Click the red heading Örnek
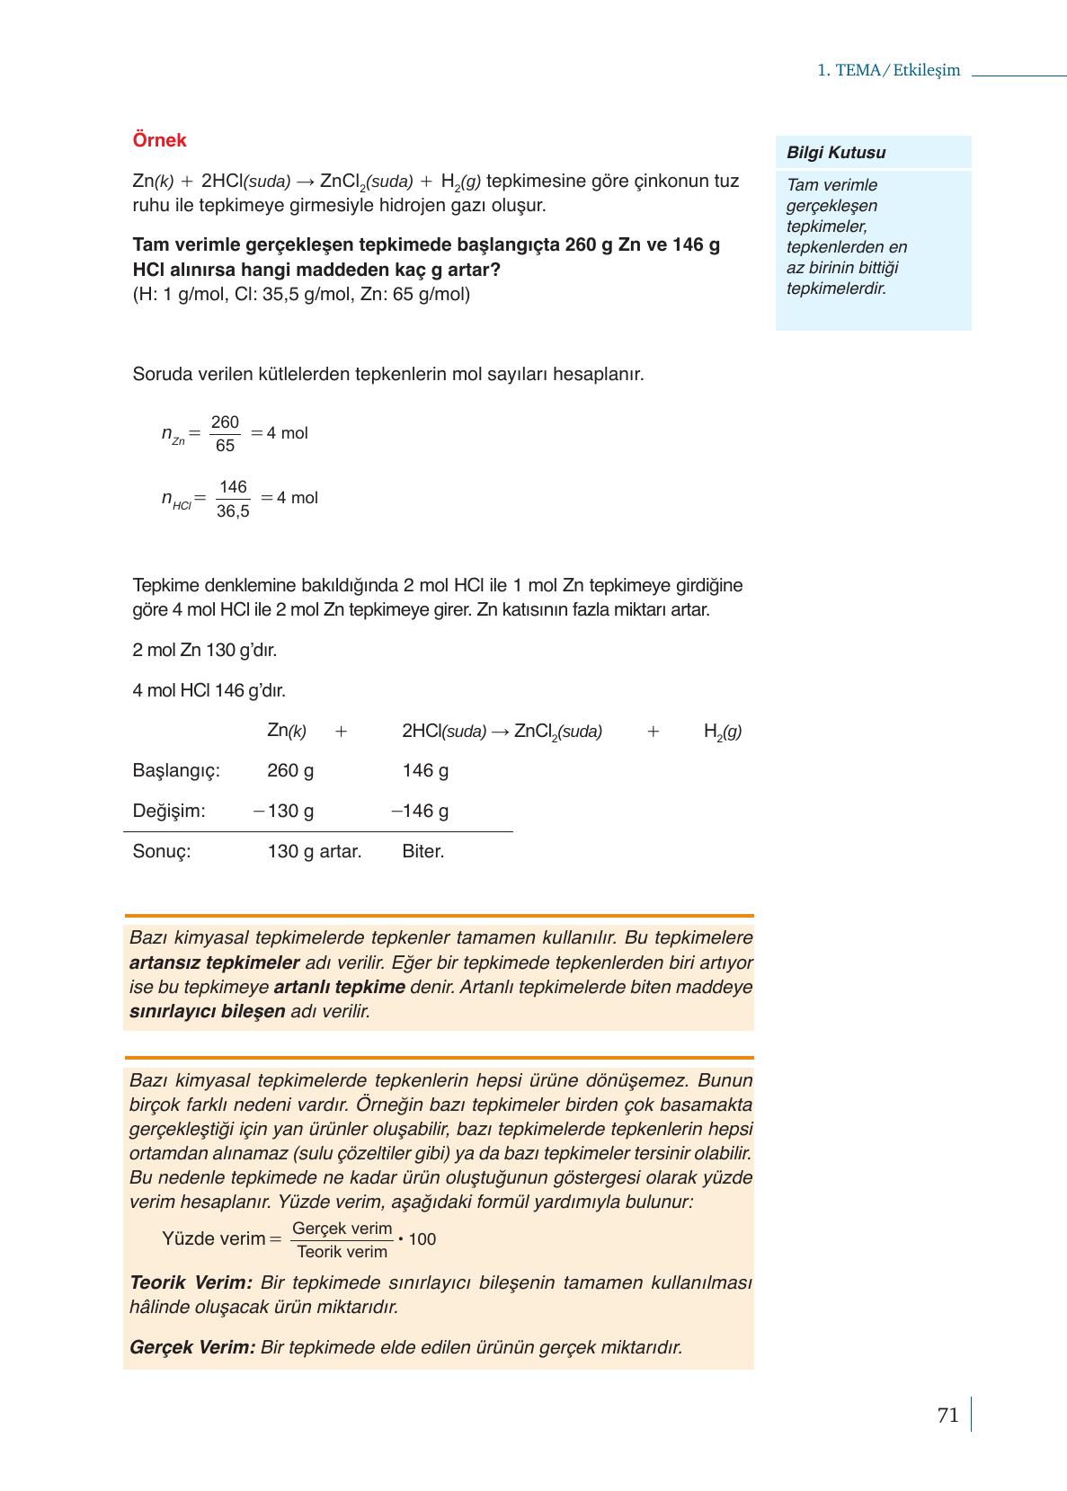[159, 140]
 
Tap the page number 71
[947, 1416]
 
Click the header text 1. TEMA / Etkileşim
[888, 71]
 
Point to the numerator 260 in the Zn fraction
[225, 422]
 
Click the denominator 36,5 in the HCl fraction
[233, 512]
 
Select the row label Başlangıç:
[176, 770]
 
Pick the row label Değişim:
[169, 811]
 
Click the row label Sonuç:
[162, 851]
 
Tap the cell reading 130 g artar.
[314, 851]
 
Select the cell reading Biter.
[423, 851]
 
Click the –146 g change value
[420, 811]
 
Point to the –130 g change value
[284, 811]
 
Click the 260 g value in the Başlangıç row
[290, 770]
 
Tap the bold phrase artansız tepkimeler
[214, 963]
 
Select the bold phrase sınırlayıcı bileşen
[207, 1011]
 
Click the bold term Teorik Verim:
[191, 1282]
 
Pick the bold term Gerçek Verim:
[192, 1347]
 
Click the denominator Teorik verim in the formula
[342, 1252]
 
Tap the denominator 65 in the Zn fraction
[225, 446]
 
